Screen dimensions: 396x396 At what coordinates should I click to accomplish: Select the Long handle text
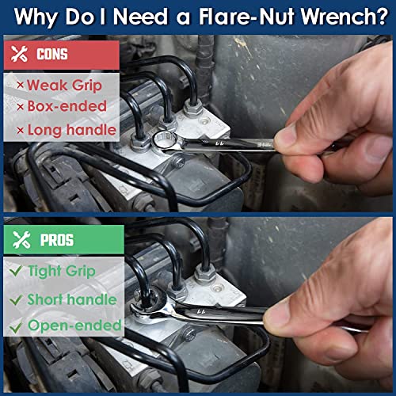[x=71, y=129]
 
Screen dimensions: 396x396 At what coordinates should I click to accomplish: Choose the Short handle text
[x=72, y=299]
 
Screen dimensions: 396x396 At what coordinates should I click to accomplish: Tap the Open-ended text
[x=74, y=326]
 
